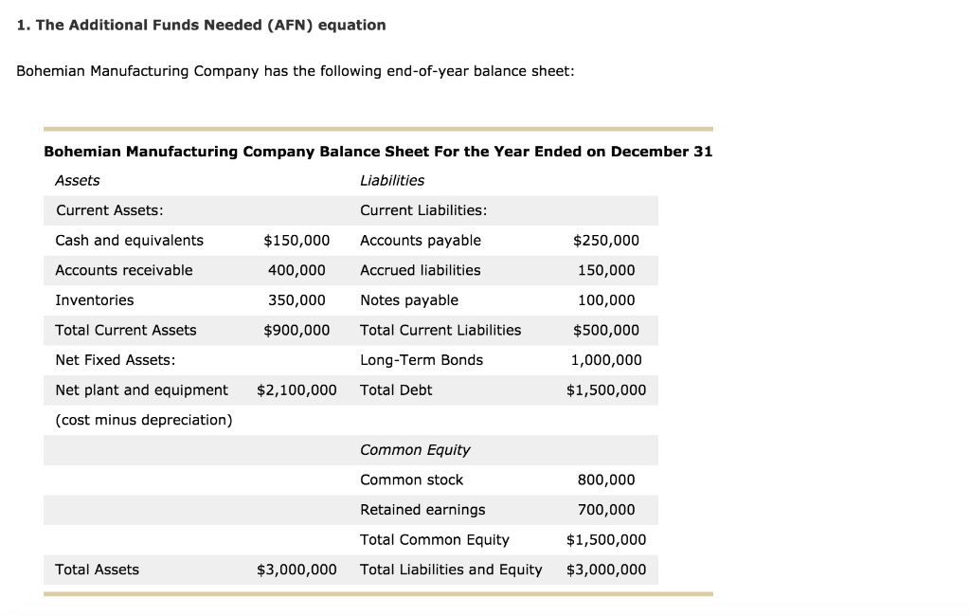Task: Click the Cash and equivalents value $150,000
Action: coord(296,241)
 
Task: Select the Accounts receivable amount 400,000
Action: coord(296,270)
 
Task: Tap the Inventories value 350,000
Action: coord(296,300)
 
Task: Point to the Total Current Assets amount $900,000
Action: coord(296,330)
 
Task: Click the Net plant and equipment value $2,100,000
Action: coord(296,390)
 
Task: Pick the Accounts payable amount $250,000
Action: coord(606,241)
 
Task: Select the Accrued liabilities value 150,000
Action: coord(606,270)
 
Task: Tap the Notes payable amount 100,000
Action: coord(606,300)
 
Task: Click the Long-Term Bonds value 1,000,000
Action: coord(606,360)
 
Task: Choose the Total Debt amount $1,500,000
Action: coord(606,390)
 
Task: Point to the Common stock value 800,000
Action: coord(606,480)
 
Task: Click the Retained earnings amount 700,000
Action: coord(606,510)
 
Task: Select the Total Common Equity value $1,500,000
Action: coord(606,540)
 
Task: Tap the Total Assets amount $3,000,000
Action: coord(296,570)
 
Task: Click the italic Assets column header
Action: coord(78,180)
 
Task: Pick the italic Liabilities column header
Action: coord(392,180)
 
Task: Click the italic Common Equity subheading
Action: coord(415,450)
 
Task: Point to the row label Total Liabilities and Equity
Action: coord(451,570)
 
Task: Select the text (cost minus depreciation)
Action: coord(144,420)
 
